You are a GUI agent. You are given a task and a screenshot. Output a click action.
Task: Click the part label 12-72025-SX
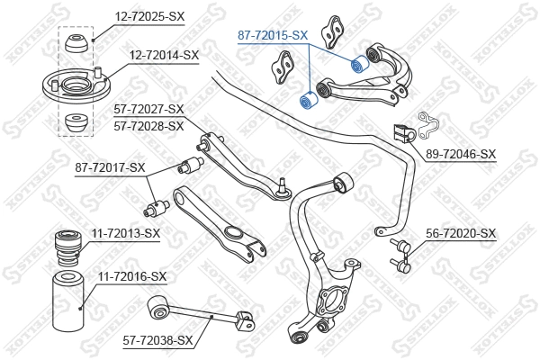click(x=148, y=16)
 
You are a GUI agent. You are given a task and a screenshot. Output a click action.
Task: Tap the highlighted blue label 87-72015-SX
click(x=273, y=35)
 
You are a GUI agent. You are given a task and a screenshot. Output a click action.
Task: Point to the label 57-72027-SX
click(x=148, y=110)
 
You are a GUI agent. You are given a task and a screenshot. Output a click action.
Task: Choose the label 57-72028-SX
click(x=148, y=126)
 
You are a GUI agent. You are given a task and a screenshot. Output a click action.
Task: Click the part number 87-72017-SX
click(x=110, y=167)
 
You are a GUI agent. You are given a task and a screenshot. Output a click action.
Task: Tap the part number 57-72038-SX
click(x=158, y=340)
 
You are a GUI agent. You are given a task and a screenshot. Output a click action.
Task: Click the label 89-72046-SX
click(x=462, y=154)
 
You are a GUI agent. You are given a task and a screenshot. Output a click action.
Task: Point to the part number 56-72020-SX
click(x=462, y=233)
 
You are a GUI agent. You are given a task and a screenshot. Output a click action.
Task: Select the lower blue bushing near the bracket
click(x=306, y=98)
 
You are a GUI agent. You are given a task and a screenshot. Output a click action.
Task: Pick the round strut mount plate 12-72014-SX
click(x=74, y=90)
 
